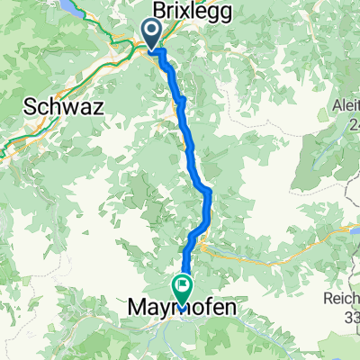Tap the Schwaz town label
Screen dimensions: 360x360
(65, 106)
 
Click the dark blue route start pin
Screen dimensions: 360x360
(149, 34)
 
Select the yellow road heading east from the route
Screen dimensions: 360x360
(270, 241)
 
